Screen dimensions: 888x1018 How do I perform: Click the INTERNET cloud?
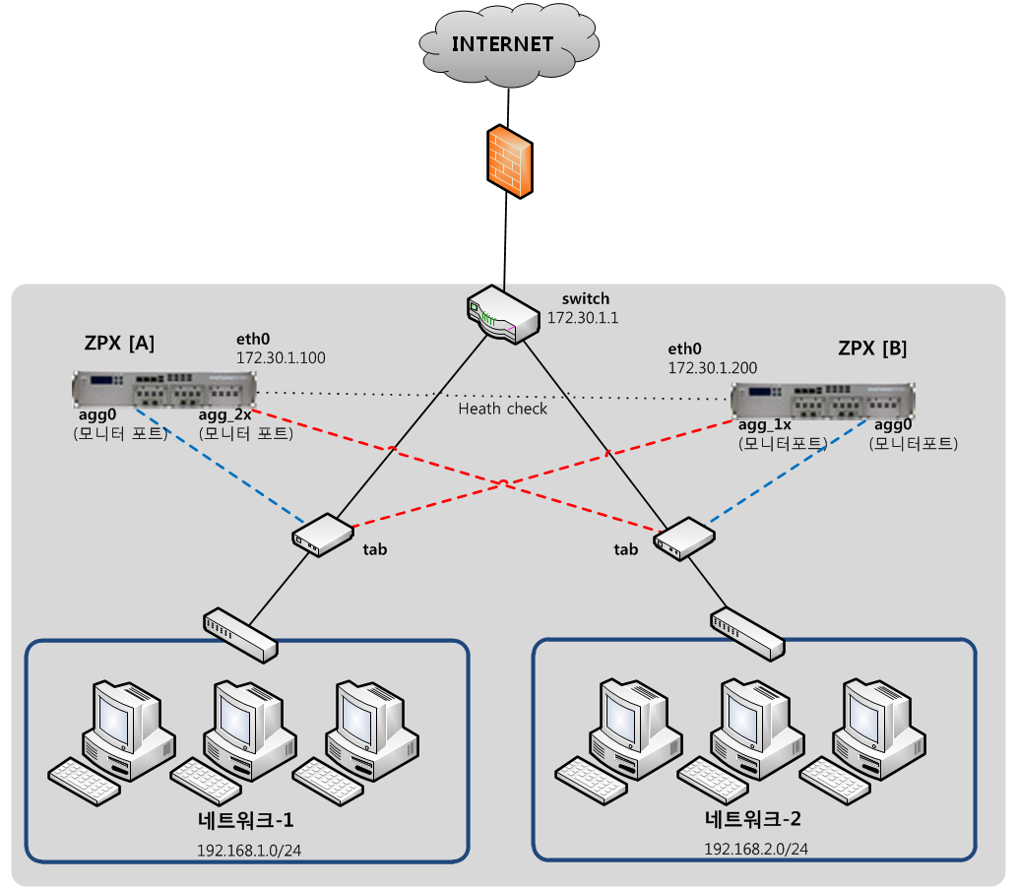pyautogui.click(x=508, y=45)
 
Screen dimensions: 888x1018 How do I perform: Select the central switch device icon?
pyautogui.click(x=502, y=313)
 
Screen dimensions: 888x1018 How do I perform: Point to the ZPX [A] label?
pyautogui.click(x=119, y=344)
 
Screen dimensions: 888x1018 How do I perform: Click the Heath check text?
pyautogui.click(x=502, y=409)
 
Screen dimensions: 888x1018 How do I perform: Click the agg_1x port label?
pyautogui.click(x=764, y=425)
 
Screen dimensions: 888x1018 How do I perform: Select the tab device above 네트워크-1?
pyautogui.click(x=322, y=534)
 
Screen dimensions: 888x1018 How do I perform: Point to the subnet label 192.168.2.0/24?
pyautogui.click(x=756, y=849)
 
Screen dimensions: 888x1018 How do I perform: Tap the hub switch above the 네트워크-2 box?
pyautogui.click(x=747, y=633)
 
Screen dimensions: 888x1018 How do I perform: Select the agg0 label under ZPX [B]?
pyautogui.click(x=894, y=425)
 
